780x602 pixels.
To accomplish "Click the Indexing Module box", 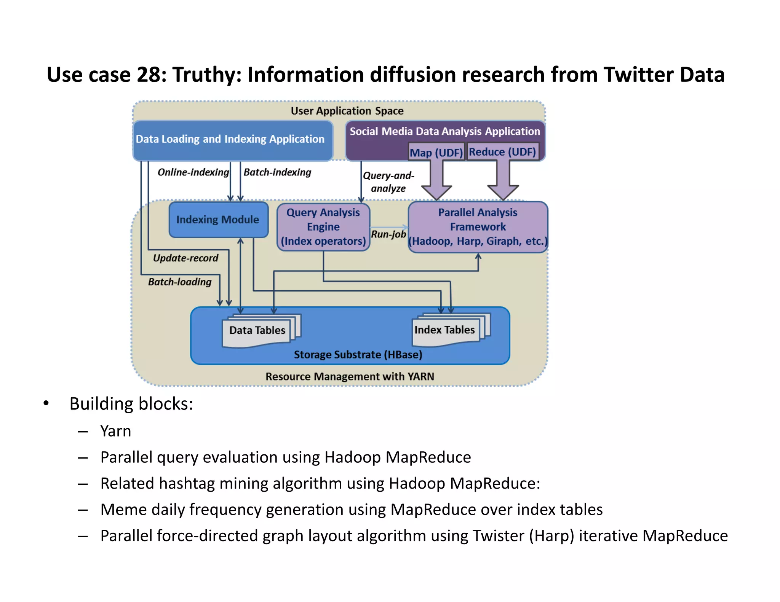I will pyautogui.click(x=218, y=220).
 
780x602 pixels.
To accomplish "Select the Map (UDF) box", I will pyautogui.click(x=436, y=152).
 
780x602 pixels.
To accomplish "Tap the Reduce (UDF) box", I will pyautogui.click(x=502, y=151).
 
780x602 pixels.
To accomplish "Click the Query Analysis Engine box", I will pyautogui.click(x=323, y=227).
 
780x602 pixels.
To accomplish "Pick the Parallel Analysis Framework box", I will pyautogui.click(x=478, y=227).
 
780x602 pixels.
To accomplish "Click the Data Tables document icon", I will pyautogui.click(x=257, y=330).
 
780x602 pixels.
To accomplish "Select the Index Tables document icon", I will pyautogui.click(x=445, y=330).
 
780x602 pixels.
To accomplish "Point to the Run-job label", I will pyautogui.click(x=388, y=234).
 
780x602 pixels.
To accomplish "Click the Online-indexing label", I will pyautogui.click(x=193, y=172).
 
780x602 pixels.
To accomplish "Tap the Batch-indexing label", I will pyautogui.click(x=277, y=172).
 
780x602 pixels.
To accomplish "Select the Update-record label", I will pyautogui.click(x=185, y=258).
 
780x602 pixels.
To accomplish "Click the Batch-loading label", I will pyautogui.click(x=180, y=282).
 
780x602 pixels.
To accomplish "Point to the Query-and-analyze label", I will pyautogui.click(x=388, y=182).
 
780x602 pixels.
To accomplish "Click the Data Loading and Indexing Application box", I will pyautogui.click(x=230, y=139).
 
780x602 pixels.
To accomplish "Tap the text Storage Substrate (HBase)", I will pyautogui.click(x=358, y=355).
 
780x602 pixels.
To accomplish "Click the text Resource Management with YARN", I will pyautogui.click(x=350, y=376).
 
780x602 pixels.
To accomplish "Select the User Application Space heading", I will pyautogui.click(x=347, y=111).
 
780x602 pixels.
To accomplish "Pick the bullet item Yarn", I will pyautogui.click(x=115, y=431).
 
